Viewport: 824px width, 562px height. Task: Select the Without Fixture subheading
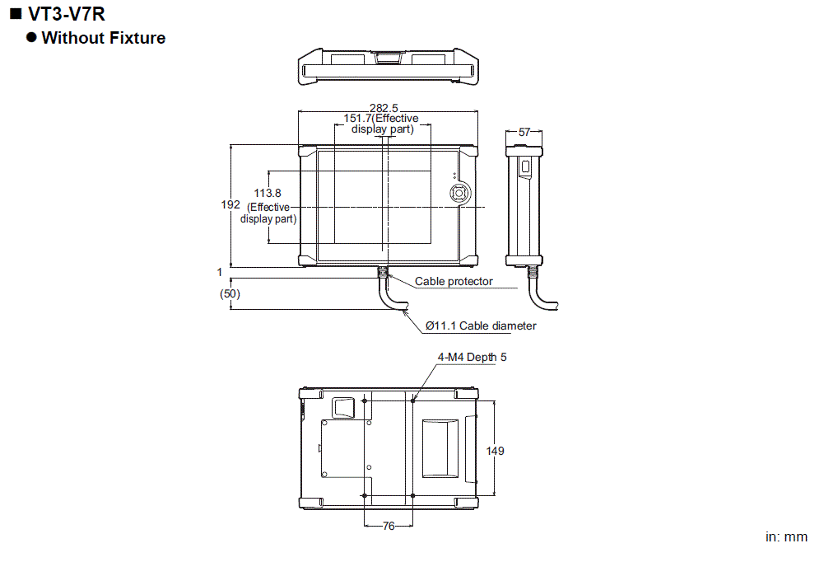[103, 38]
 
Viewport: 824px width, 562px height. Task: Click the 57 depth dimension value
[524, 132]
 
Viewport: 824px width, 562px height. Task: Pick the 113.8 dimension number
[268, 193]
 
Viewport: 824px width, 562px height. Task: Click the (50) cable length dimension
[230, 293]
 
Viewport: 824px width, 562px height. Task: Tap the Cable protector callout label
[454, 282]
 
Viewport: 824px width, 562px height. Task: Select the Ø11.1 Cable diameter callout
[481, 326]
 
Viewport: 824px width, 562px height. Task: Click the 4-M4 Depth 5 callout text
[473, 358]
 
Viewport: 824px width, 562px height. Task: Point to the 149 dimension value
[495, 451]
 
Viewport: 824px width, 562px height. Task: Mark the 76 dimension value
[388, 526]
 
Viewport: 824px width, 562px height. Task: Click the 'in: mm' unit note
[786, 537]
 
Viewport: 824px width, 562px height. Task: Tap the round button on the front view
[458, 191]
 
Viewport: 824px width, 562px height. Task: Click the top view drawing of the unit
[388, 67]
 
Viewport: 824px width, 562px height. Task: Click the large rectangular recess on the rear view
[440, 447]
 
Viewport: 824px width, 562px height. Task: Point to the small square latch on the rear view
[342, 406]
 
